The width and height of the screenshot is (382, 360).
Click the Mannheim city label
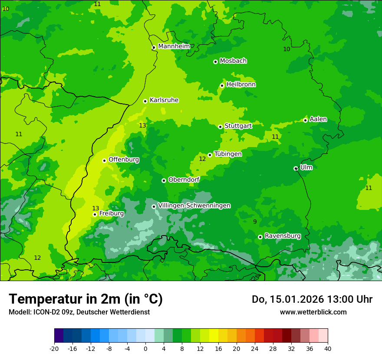pos(174,46)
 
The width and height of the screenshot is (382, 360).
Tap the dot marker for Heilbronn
pos(222,85)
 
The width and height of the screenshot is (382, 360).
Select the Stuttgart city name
pos(238,126)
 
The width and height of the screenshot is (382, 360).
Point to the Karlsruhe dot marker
pos(145,101)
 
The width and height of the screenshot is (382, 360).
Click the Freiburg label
pos(111,213)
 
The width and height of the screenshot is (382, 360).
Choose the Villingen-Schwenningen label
pos(194,206)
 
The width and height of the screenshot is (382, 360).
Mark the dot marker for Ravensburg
pos(260,237)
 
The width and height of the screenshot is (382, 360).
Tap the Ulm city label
pos(306,167)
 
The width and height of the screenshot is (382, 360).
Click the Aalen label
pos(318,119)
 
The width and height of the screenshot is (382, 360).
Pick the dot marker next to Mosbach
pos(215,62)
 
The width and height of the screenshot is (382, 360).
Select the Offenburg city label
pos(124,160)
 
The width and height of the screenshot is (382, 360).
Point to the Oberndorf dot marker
pos(164,180)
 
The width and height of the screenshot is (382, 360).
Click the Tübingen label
pos(228,154)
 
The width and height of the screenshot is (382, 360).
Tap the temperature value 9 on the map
pos(255,222)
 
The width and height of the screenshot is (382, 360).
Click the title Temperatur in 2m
pos(86,299)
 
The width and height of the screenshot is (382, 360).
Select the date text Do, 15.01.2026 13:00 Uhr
pos(312,299)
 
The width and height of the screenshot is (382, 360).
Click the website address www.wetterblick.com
pos(313,312)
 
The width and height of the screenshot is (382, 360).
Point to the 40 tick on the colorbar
pos(327,348)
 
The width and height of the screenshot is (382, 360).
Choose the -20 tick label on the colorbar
pos(54,348)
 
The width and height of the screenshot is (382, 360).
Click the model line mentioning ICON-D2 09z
pos(79,312)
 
